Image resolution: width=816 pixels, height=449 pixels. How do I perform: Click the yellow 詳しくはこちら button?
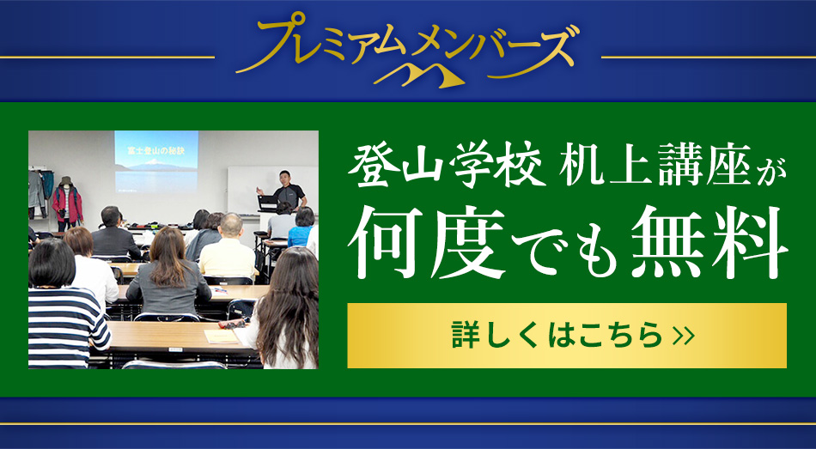[567, 336]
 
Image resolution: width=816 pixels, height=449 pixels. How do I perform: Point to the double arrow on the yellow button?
[684, 336]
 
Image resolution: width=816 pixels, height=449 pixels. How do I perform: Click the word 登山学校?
[447, 165]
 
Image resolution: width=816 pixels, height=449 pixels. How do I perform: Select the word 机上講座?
[655, 165]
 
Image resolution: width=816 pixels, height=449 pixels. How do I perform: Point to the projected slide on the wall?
[156, 161]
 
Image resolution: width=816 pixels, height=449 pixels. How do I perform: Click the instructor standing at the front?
[288, 191]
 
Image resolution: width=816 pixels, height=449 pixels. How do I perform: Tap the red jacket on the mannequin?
[67, 203]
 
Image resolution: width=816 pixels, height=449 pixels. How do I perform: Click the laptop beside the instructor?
[268, 203]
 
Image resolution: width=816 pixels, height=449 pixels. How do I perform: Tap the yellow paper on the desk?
[221, 337]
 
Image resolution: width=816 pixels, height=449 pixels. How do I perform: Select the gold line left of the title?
[107, 57]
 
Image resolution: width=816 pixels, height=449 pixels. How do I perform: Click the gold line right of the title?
[709, 57]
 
